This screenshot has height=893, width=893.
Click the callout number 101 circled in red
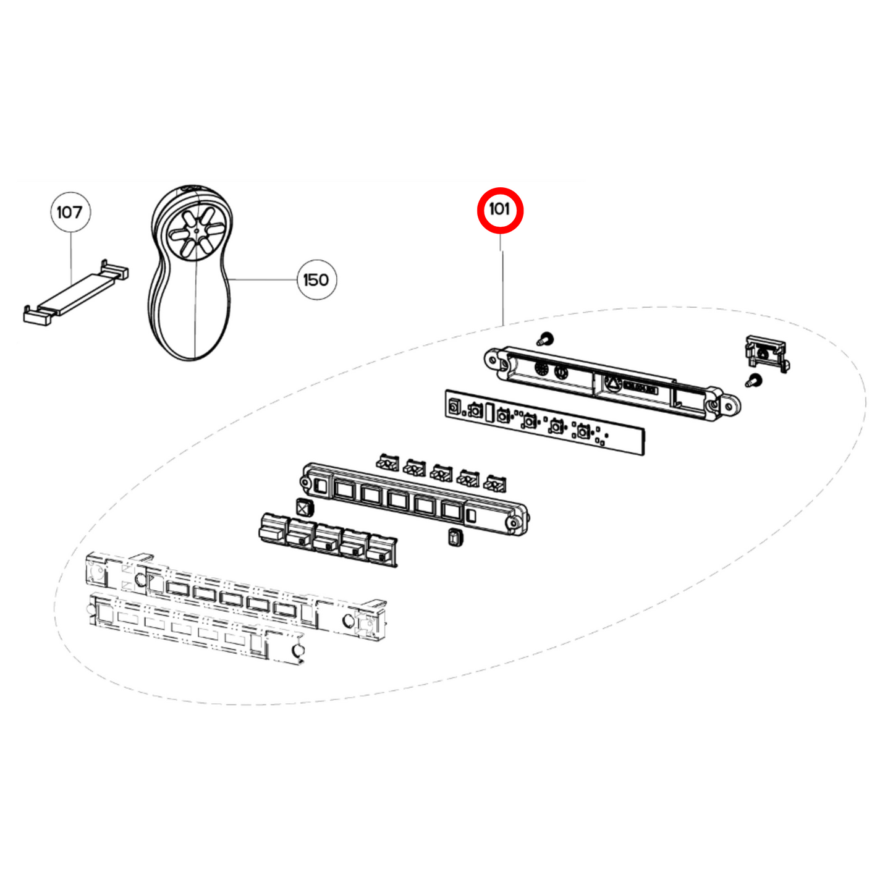(x=500, y=210)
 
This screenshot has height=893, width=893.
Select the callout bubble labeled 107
(x=70, y=212)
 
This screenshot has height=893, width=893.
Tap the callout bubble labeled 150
(x=316, y=280)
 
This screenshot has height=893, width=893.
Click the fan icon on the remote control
(x=193, y=231)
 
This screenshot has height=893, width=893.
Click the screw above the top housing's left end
(x=545, y=339)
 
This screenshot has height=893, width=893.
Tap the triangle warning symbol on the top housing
(x=612, y=383)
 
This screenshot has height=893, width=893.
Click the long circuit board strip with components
(x=544, y=422)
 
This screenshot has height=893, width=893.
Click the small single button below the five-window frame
(x=456, y=537)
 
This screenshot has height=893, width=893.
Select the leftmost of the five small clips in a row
(x=387, y=462)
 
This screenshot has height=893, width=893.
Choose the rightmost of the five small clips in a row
(x=496, y=483)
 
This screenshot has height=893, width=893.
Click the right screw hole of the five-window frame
(x=512, y=523)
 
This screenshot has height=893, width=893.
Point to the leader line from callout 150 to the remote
(x=263, y=279)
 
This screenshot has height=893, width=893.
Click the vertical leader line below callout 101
(x=502, y=284)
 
